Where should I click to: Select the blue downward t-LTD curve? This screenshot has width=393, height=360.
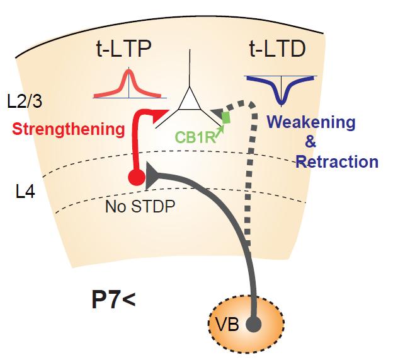[x=280, y=90]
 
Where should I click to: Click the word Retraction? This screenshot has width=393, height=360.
[x=337, y=162]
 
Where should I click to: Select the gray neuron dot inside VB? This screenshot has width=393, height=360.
[x=253, y=324]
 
